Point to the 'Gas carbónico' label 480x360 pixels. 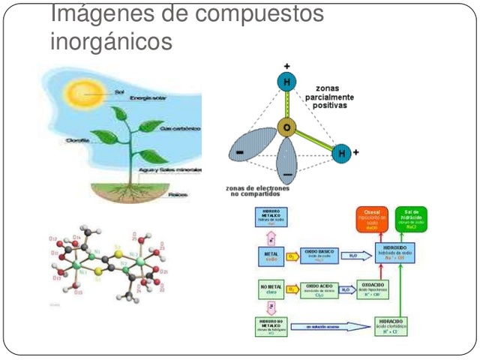(x=178, y=129)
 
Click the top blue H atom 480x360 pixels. (x=286, y=82)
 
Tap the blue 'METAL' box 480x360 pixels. (x=271, y=256)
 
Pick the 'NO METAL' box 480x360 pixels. (x=271, y=289)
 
